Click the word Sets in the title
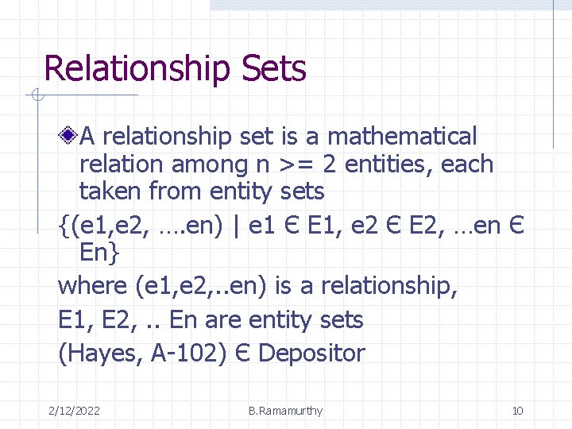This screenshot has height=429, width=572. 276,69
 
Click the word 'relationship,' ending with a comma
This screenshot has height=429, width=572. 390,286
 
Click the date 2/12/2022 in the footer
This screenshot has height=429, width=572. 74,411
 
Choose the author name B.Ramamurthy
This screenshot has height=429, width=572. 285,411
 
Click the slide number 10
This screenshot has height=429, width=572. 517,411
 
